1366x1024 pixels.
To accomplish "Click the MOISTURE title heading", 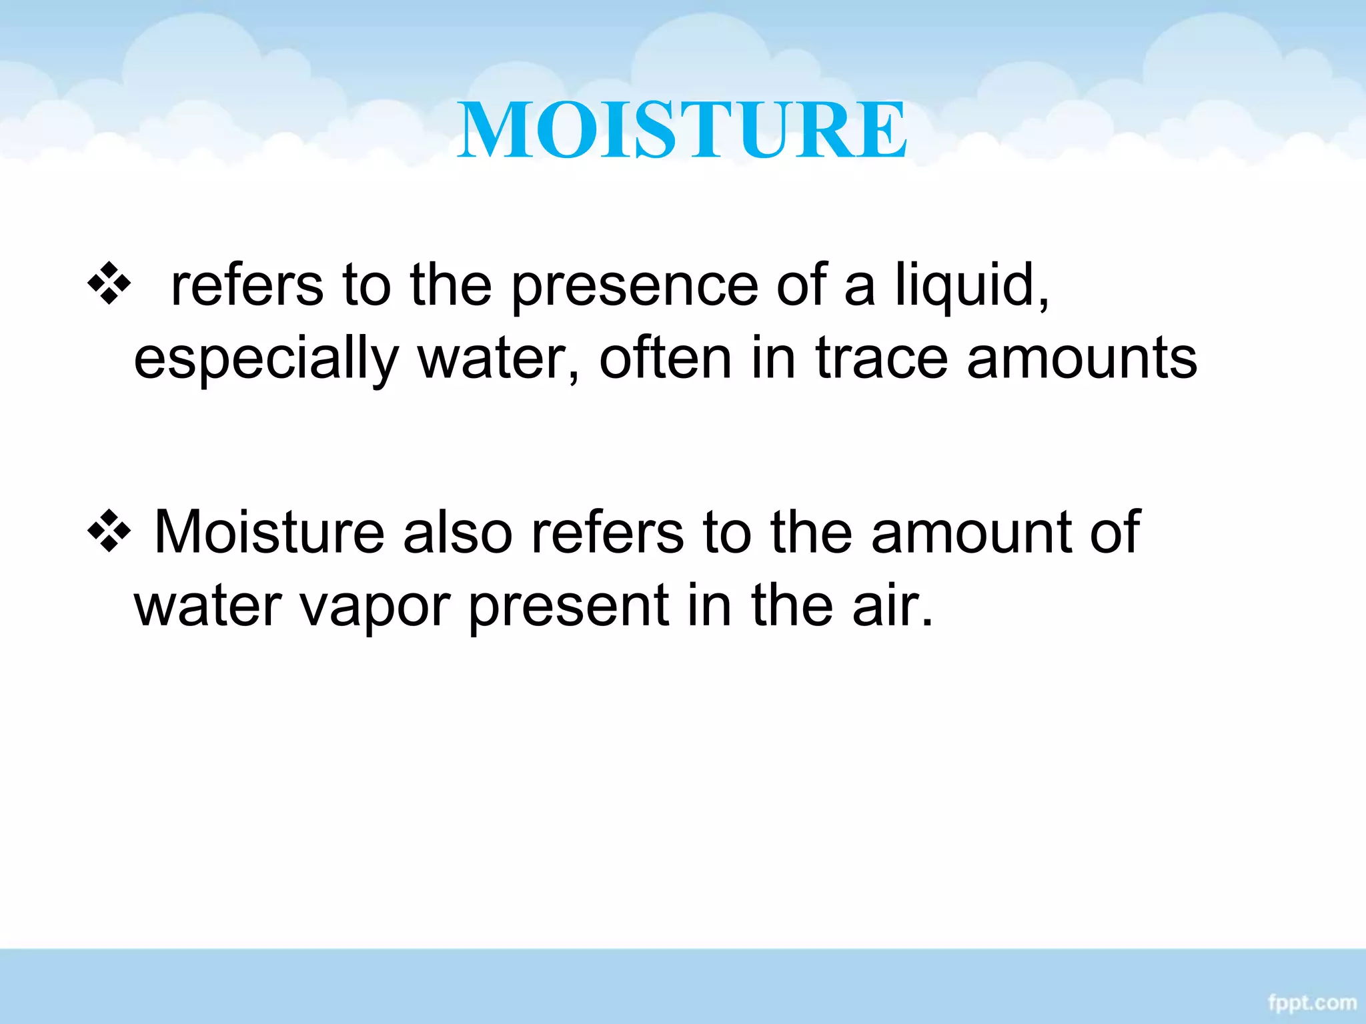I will [x=682, y=129].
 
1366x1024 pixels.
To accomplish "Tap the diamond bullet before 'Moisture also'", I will [x=109, y=532].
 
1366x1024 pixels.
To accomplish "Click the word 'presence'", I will [x=634, y=287].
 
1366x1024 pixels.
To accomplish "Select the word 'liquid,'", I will [x=972, y=287].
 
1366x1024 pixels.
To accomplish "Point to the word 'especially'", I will [x=265, y=360].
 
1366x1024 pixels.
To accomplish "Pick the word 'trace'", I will [x=881, y=360].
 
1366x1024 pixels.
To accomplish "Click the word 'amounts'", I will [x=1082, y=360].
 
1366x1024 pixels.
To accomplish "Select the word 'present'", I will [x=568, y=607].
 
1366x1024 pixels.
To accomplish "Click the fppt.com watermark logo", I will [x=1312, y=1002].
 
